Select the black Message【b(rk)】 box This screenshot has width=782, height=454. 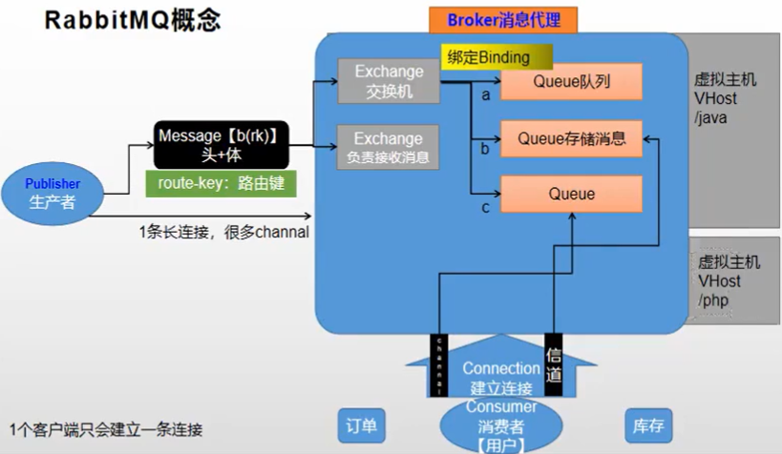pyautogui.click(x=223, y=145)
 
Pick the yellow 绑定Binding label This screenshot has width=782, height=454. pyautogui.click(x=488, y=57)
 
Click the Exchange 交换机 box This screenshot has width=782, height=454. pyautogui.click(x=388, y=81)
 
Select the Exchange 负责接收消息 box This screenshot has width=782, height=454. pyautogui.click(x=388, y=147)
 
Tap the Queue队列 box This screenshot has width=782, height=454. pyautogui.click(x=571, y=82)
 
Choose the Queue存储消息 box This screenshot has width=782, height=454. pyautogui.click(x=571, y=138)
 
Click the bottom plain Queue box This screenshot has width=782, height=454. pyautogui.click(x=571, y=194)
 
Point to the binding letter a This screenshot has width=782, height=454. pyautogui.click(x=486, y=95)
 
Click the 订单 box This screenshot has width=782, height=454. pyautogui.click(x=363, y=424)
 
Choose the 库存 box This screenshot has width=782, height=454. pyautogui.click(x=648, y=424)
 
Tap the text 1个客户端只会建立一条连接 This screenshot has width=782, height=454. pyautogui.click(x=105, y=429)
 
